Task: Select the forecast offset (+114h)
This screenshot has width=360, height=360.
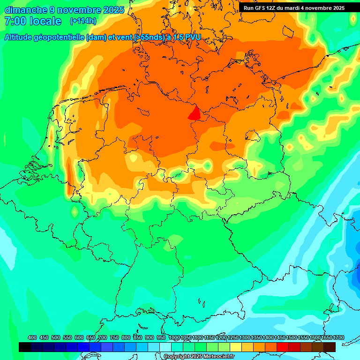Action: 83,21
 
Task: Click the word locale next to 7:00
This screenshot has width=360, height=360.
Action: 45,21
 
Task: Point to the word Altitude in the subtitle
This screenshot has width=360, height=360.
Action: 21,37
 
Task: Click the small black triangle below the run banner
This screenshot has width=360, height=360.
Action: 353,18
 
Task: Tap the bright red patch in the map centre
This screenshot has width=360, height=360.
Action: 194,113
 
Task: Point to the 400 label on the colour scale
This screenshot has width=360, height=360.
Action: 32,337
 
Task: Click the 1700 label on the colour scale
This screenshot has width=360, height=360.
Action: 338,337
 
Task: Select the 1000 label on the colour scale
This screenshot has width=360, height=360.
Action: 174,337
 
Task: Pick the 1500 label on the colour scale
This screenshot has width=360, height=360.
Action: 292,337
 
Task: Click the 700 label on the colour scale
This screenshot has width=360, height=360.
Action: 103,337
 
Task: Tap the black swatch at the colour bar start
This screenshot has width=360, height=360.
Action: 25,347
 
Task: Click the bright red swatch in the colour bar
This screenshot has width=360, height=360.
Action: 283,347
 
